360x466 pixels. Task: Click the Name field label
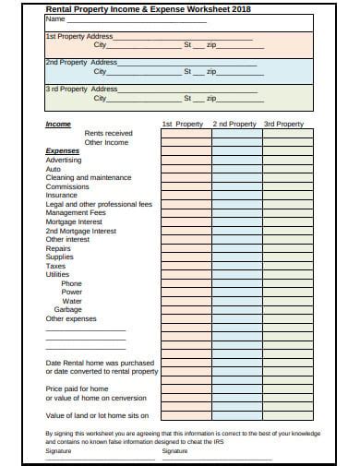pos(55,18)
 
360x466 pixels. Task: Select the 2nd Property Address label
pos(79,62)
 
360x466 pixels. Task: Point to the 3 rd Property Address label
pos(80,89)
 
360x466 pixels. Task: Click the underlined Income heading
pos(58,124)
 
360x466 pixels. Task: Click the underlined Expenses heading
pos(62,150)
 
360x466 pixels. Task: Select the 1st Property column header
pos(182,124)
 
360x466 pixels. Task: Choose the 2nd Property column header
pos(234,124)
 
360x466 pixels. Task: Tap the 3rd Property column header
pos(283,124)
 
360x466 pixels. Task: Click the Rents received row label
pos(108,133)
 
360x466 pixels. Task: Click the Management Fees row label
pos(75,212)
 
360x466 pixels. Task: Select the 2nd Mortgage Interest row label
pos(80,231)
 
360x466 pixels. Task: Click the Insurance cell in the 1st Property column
pos(186,195)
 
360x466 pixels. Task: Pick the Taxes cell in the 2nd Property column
pos(236,266)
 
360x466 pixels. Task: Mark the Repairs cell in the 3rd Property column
pos(288,248)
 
